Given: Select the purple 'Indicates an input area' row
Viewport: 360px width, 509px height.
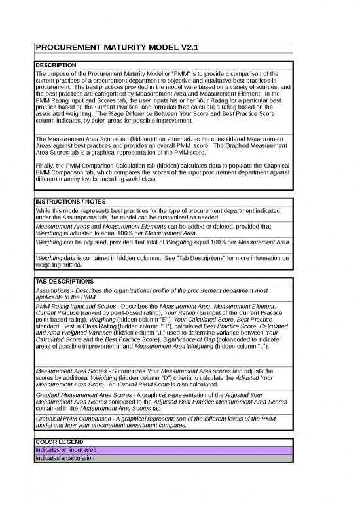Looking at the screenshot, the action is tap(163, 450).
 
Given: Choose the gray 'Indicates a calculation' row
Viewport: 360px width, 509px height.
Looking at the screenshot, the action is tap(163, 458).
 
